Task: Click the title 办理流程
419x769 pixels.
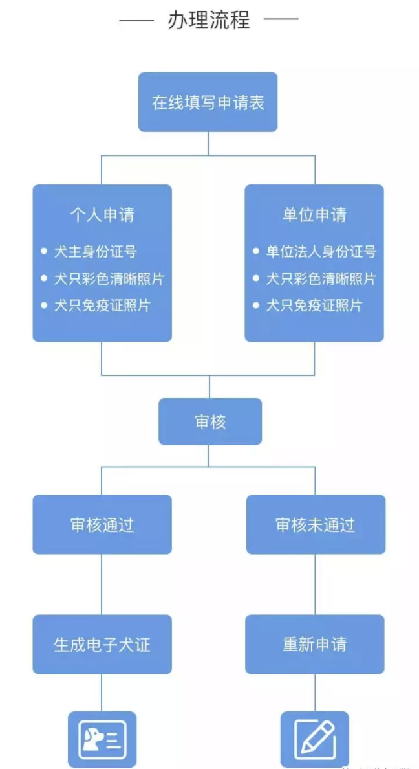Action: click(x=208, y=20)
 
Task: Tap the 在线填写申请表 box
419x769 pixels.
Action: click(x=208, y=102)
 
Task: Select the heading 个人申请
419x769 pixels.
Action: click(x=102, y=215)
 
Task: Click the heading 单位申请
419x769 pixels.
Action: click(x=314, y=215)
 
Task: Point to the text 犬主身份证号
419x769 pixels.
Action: click(x=95, y=251)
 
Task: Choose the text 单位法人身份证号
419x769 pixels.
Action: click(x=321, y=251)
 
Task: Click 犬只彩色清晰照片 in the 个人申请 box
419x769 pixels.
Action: click(x=109, y=278)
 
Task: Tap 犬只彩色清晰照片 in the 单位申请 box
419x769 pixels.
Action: click(x=321, y=278)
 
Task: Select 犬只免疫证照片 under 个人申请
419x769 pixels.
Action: click(x=102, y=305)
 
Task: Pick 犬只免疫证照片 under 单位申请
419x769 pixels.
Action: click(x=314, y=305)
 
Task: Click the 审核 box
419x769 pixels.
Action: click(x=210, y=422)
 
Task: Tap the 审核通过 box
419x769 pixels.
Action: click(x=102, y=525)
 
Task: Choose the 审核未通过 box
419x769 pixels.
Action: click(x=316, y=525)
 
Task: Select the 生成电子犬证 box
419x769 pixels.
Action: click(x=102, y=645)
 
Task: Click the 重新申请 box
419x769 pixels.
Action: click(x=314, y=645)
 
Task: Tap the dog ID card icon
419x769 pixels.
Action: click(x=102, y=739)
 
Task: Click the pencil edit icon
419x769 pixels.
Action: click(x=315, y=739)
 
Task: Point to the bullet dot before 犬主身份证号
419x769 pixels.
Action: click(x=43, y=251)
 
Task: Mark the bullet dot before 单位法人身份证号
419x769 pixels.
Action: click(x=256, y=251)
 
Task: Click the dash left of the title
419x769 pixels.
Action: click(x=136, y=20)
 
